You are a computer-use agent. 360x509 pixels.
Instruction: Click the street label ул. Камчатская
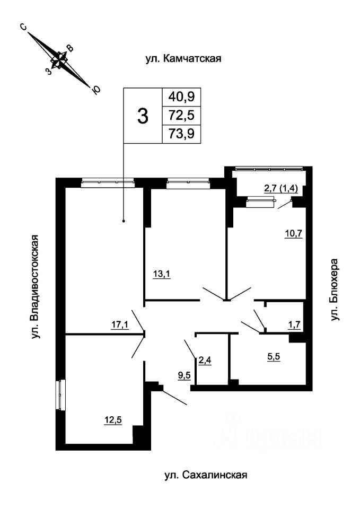(x=183, y=58)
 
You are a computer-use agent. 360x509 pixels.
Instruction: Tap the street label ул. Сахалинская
(x=205, y=475)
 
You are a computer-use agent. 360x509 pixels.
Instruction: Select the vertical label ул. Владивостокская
(x=36, y=287)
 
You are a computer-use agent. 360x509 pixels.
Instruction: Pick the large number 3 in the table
(x=142, y=116)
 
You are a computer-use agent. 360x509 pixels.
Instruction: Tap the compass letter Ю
(x=95, y=90)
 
